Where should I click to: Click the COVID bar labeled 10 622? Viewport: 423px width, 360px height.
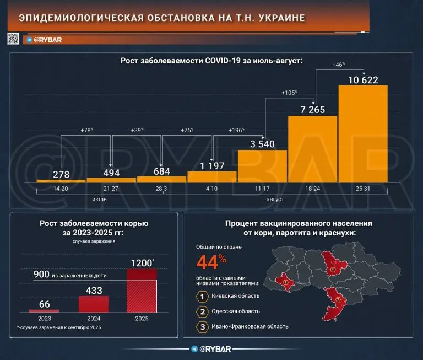(362, 135)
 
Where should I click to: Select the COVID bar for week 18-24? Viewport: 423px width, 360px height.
(312, 149)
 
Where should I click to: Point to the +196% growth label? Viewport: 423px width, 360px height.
(237, 130)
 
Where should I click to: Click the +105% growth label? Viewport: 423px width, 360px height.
(289, 93)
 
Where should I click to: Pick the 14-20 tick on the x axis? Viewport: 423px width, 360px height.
(61, 189)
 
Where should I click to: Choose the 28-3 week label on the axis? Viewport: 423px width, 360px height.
(161, 189)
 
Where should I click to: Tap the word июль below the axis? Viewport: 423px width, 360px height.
(100, 199)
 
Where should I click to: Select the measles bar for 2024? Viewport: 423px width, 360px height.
(94, 304)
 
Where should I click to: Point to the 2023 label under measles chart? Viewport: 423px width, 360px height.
(44, 318)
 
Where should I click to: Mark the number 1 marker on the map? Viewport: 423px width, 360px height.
(333, 270)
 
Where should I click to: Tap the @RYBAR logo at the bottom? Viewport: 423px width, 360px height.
(211, 349)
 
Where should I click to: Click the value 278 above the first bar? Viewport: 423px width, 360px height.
(61, 174)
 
